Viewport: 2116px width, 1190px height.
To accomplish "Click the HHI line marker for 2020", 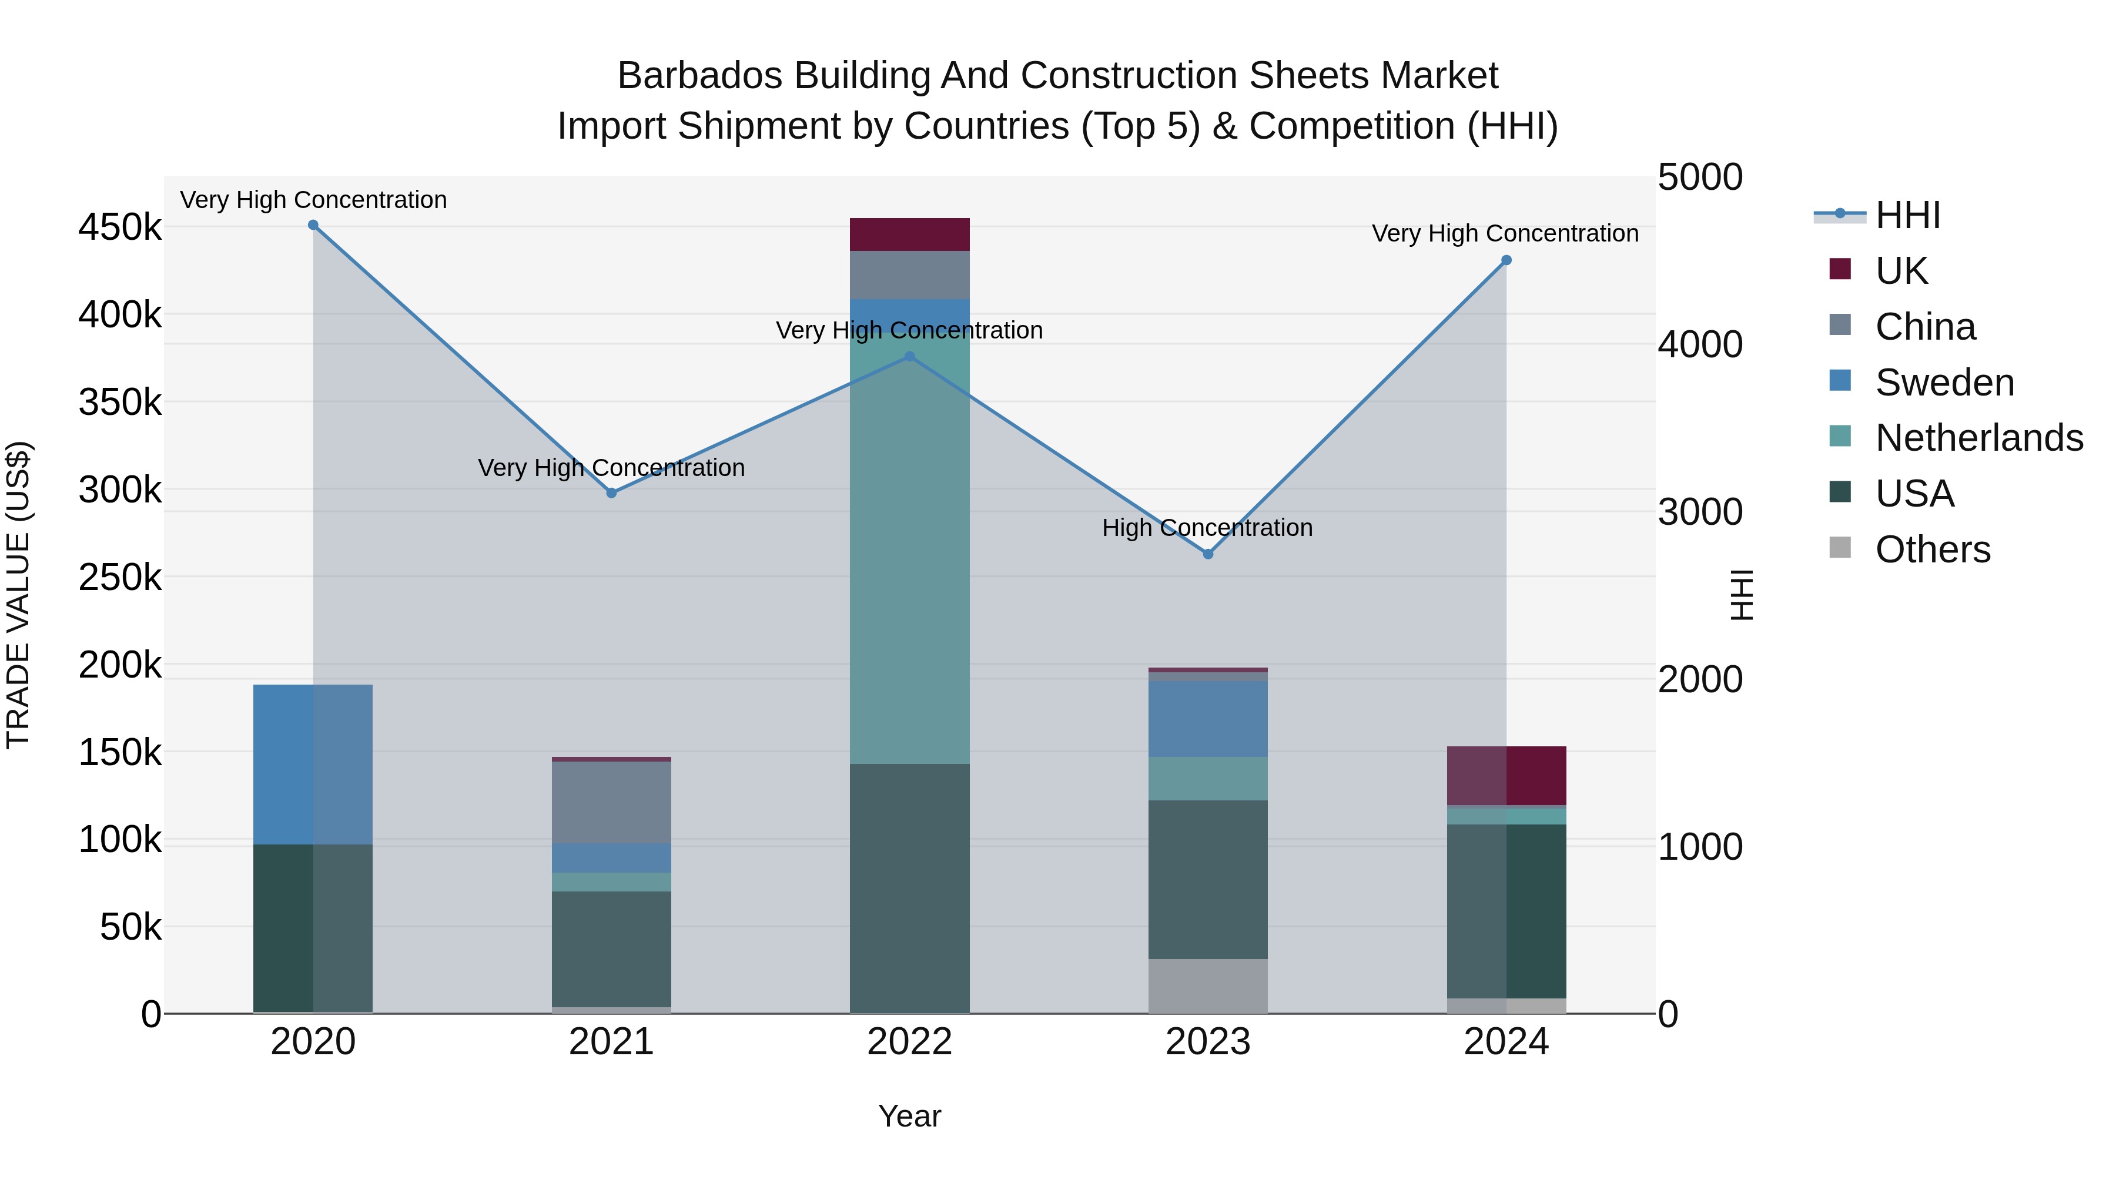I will click(313, 225).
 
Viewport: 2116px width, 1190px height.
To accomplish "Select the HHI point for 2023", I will click(1207, 554).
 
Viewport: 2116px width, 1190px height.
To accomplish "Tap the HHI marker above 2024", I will click(1506, 260).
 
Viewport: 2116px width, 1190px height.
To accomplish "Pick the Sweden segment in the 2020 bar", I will click(313, 764).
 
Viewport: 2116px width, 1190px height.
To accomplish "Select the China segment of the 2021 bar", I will click(611, 802).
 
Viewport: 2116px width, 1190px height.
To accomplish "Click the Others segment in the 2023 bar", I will click(1207, 985).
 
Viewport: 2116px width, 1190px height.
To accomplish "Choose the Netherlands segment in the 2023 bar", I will click(1207, 779).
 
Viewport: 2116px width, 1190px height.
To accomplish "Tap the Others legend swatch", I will click(1840, 548).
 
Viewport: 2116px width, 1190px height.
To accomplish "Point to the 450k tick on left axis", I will click(120, 227).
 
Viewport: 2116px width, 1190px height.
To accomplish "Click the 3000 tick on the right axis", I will click(1699, 512).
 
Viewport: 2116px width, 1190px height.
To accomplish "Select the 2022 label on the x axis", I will click(909, 1042).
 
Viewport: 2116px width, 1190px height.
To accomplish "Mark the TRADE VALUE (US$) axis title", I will click(18, 595).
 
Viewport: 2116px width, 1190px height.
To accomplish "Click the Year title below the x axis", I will click(909, 1116).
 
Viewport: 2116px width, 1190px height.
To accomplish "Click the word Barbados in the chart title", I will click(688, 76).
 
